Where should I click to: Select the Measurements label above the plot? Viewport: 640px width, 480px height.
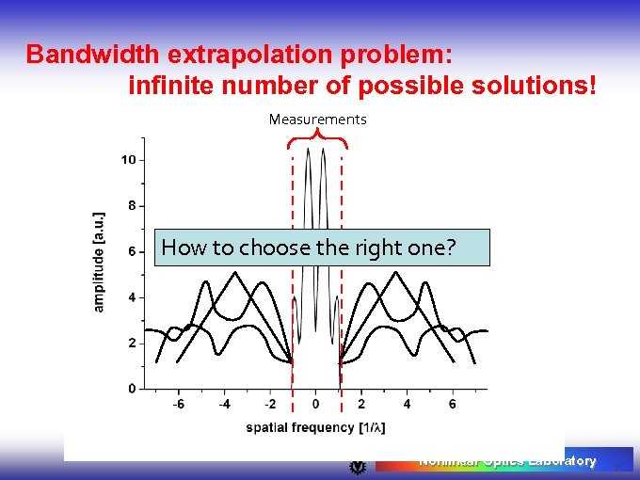[x=317, y=120]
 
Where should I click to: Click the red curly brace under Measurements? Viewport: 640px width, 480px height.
[x=317, y=140]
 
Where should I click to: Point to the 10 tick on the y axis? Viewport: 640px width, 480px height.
[x=128, y=160]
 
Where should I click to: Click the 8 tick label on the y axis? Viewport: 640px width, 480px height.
[x=132, y=205]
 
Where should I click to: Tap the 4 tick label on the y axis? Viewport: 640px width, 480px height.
[x=132, y=297]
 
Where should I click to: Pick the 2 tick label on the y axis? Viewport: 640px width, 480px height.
[x=132, y=343]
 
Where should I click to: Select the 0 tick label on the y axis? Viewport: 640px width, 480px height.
[x=132, y=389]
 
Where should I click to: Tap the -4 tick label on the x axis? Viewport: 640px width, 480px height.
[x=223, y=405]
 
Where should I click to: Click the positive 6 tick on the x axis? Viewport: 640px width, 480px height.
[x=453, y=405]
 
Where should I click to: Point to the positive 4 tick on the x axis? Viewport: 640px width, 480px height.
[x=407, y=405]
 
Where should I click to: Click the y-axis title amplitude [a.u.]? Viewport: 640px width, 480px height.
[x=99, y=262]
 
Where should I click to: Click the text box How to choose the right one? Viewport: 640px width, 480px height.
[x=322, y=248]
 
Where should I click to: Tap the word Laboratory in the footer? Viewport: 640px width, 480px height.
[x=562, y=461]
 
